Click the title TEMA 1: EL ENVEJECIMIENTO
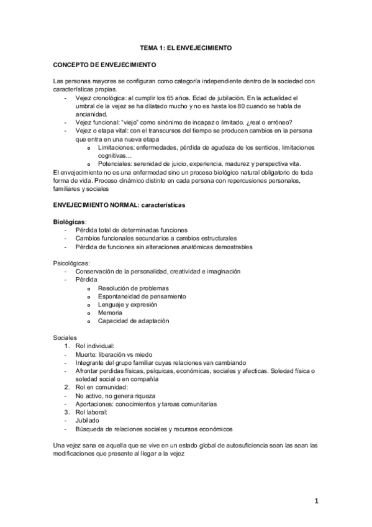pyautogui.click(x=186, y=47)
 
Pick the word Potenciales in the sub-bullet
pyautogui.click(x=116, y=163)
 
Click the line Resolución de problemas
pyautogui.click(x=133, y=288)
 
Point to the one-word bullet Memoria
pyautogui.click(x=111, y=313)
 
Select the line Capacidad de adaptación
pyautogui.click(x=134, y=321)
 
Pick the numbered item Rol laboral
pyautogui.click(x=92, y=412)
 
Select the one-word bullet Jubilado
pyautogui.click(x=88, y=420)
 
